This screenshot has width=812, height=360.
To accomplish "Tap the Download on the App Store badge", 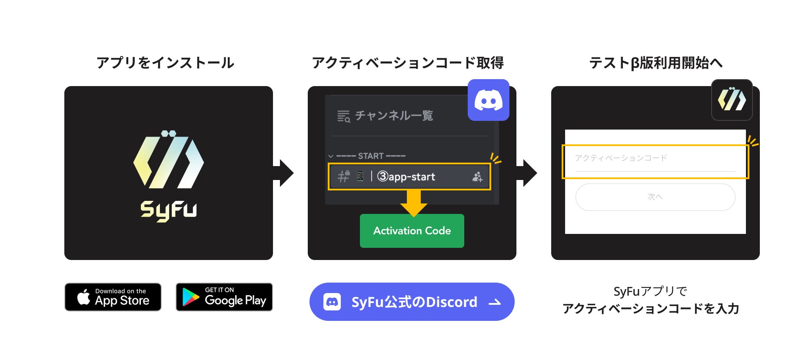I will [x=113, y=297].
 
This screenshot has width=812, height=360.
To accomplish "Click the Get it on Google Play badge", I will [x=224, y=297].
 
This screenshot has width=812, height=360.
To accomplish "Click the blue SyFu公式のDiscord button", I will [x=412, y=302].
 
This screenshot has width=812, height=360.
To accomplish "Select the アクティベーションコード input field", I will [x=655, y=159].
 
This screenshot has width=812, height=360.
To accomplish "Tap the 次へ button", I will [x=655, y=197].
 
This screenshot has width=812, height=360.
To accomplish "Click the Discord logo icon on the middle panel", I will [x=489, y=100].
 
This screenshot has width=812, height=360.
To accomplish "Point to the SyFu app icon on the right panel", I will [x=732, y=100].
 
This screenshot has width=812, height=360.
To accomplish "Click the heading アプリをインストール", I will [x=165, y=63].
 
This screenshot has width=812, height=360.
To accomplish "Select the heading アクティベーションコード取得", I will [x=408, y=63].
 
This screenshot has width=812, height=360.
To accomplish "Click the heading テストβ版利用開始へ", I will [x=656, y=63].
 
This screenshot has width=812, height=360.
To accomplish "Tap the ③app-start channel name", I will [x=406, y=177].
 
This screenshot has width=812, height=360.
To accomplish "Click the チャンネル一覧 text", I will [x=394, y=116].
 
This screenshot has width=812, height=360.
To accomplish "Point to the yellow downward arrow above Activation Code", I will [x=413, y=203].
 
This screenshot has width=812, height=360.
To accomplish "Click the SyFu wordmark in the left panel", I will [x=169, y=210].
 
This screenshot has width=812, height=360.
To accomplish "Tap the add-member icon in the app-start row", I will [x=477, y=177].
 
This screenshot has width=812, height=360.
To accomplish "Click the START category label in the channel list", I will [x=371, y=156].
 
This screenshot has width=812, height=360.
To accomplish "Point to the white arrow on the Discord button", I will [x=495, y=302].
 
